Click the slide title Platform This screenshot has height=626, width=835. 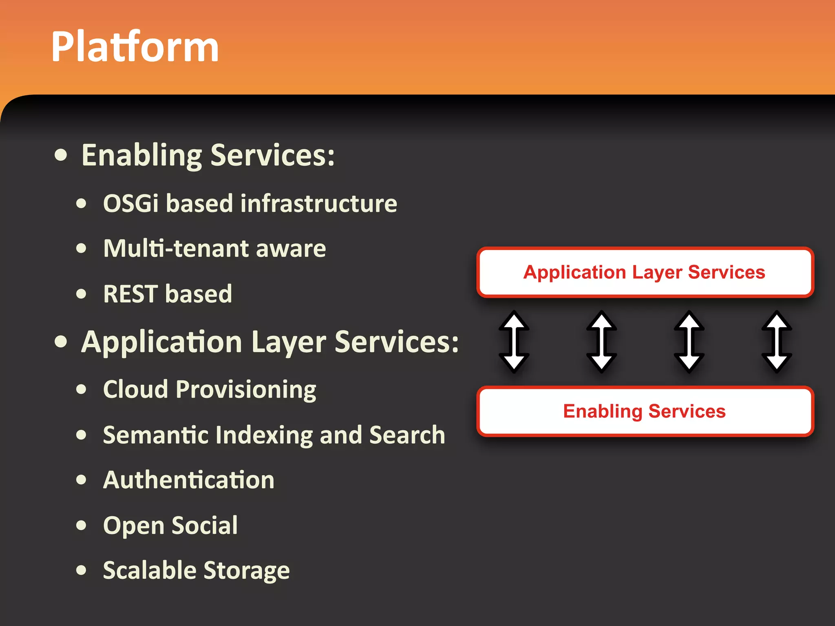tap(135, 47)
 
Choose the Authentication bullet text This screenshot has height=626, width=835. tap(188, 480)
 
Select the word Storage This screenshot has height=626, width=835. tap(247, 570)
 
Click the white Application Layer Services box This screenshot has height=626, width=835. tap(645, 272)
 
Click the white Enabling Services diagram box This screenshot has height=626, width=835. tap(645, 411)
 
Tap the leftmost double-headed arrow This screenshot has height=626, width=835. tap(514, 342)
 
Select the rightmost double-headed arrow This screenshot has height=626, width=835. tap(777, 342)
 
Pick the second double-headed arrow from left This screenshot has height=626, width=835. tap(601, 342)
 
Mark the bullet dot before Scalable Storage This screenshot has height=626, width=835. tap(82, 570)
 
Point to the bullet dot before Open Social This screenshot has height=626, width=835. tap(82, 525)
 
